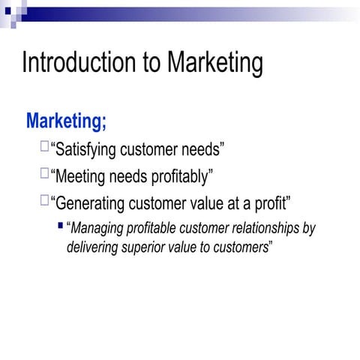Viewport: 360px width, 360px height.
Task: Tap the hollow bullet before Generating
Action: [x=46, y=199]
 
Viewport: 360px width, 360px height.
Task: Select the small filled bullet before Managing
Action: [x=61, y=225]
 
